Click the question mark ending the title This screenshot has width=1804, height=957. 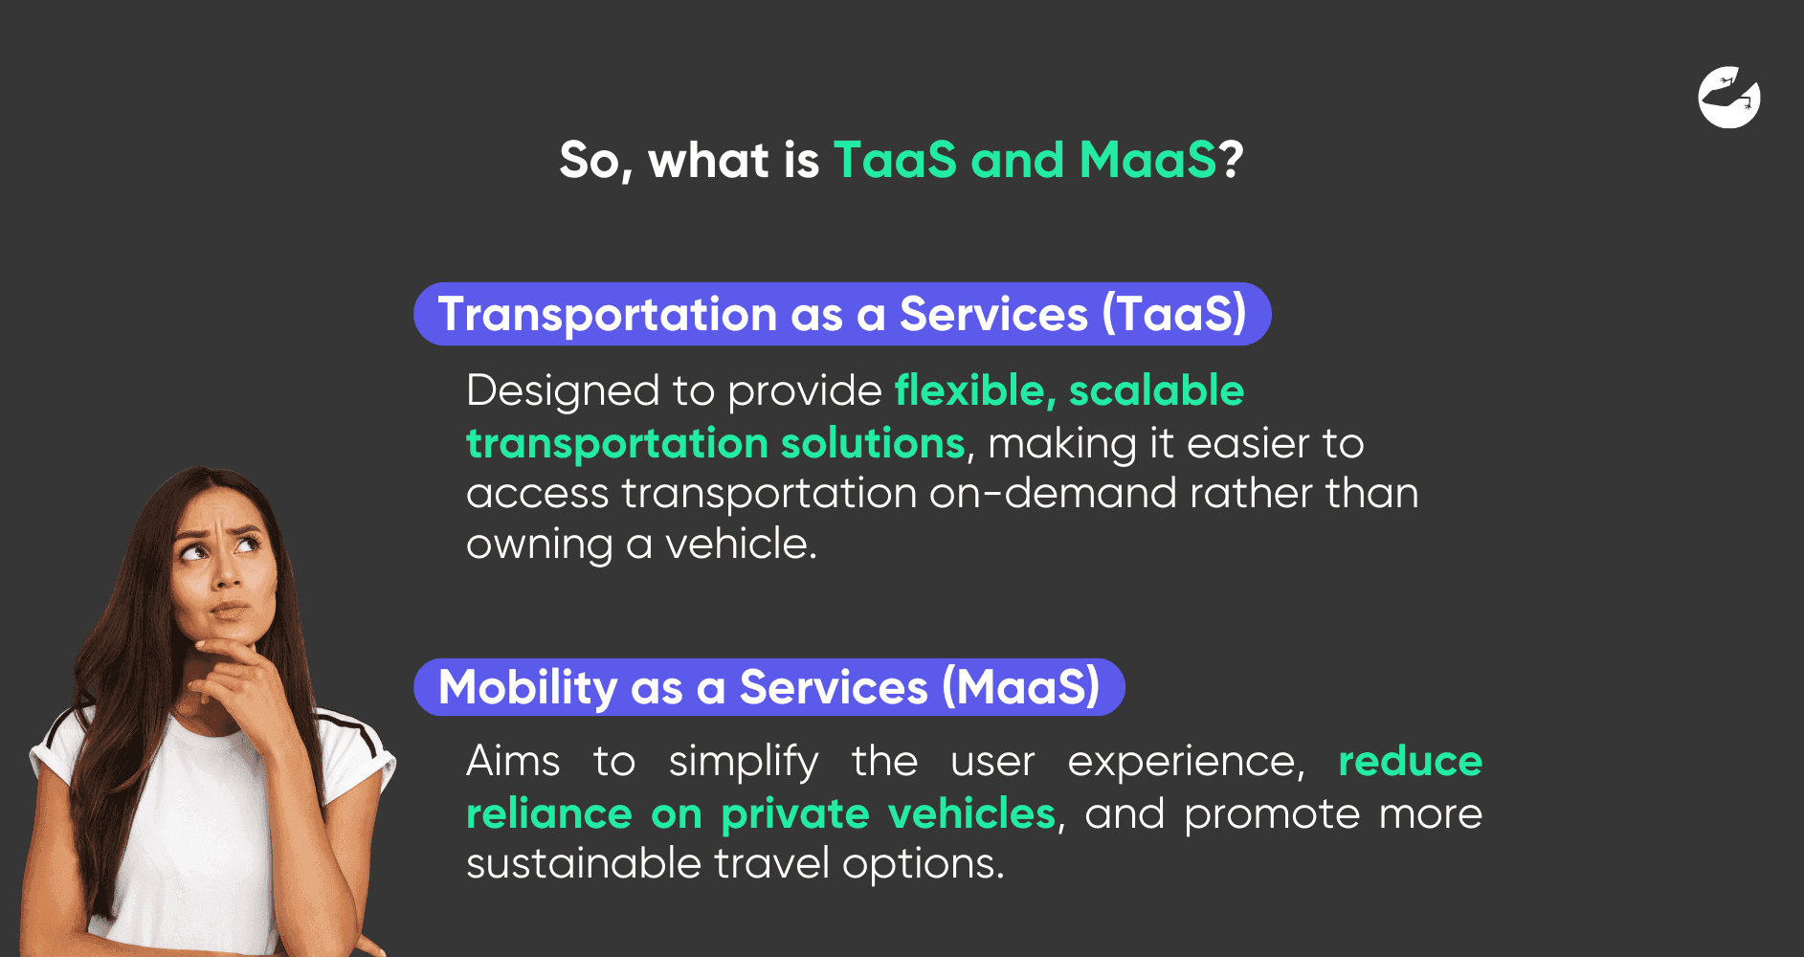click(1231, 160)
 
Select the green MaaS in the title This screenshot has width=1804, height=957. click(1147, 160)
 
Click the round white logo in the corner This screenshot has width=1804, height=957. click(1729, 97)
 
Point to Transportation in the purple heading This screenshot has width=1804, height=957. click(607, 314)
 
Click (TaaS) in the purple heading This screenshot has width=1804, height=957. click(1174, 314)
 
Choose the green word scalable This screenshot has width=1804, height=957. click(1156, 390)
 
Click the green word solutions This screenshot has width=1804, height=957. click(872, 443)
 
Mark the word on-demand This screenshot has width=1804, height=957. click(1053, 494)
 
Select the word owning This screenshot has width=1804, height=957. click(539, 545)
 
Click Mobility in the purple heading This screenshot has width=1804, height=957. click(527, 687)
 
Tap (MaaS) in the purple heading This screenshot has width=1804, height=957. click(1021, 687)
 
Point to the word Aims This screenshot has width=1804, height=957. click(513, 762)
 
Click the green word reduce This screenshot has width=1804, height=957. click(1410, 762)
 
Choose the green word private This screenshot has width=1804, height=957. click(794, 814)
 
